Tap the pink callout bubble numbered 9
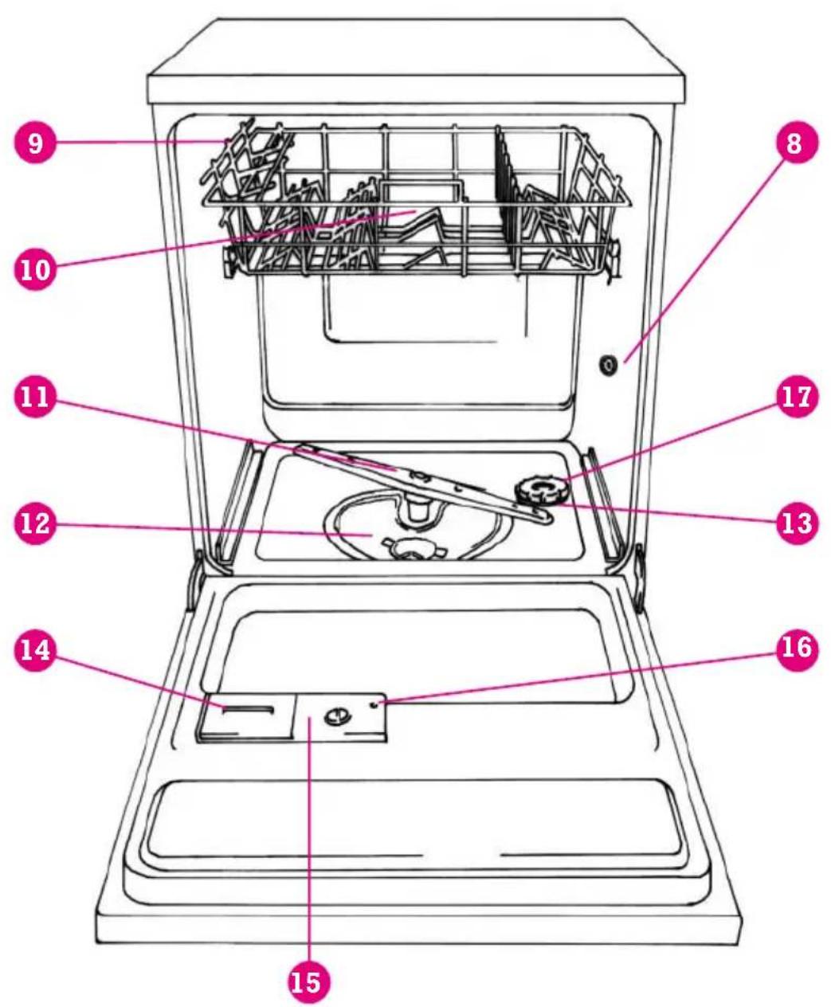pyautogui.click(x=35, y=143)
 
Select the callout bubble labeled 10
pyautogui.click(x=35, y=268)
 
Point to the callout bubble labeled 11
pyautogui.click(x=35, y=398)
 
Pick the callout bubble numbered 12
pyautogui.click(x=35, y=523)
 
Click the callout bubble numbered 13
pyautogui.click(x=796, y=523)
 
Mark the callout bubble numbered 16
pyautogui.click(x=796, y=649)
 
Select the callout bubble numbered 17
pyautogui.click(x=796, y=398)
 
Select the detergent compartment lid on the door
pyautogui.click(x=247, y=718)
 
